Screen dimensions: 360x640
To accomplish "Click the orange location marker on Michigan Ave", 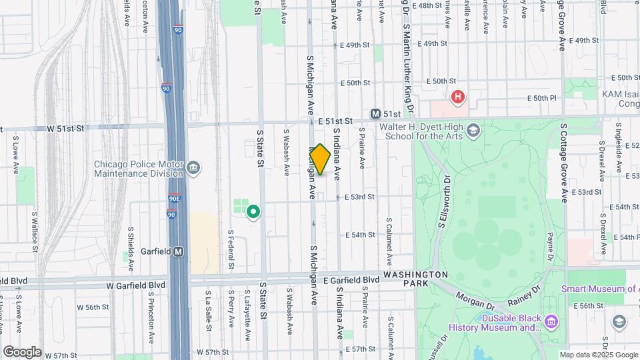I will (320, 160).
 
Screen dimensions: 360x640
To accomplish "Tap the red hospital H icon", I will (457, 97).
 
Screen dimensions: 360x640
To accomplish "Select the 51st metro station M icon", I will (376, 114).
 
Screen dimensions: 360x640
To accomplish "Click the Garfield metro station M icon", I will (179, 252).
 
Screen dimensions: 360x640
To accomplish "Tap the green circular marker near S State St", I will (253, 213).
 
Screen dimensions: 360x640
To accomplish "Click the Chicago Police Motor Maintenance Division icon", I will (193, 166).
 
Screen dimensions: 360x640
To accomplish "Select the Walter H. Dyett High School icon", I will (473, 129).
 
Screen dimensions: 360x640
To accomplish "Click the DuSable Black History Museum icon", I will (551, 322).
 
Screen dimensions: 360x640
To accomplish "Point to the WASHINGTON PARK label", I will (416, 279).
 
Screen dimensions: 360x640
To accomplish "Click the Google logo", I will (22, 351).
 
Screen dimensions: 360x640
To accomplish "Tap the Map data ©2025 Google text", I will (598, 355).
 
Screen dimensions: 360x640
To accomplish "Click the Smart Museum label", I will (599, 289).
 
